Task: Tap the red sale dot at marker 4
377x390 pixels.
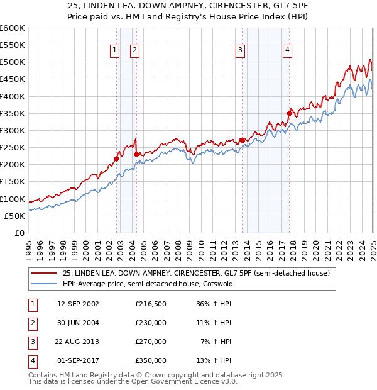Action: tap(289, 114)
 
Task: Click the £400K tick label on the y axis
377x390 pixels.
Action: tap(13, 96)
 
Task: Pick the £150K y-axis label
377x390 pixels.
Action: tap(13, 182)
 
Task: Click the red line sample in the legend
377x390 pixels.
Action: tap(43, 273)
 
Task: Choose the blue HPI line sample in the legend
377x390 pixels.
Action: tap(43, 284)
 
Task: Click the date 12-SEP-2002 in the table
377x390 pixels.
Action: tap(78, 304)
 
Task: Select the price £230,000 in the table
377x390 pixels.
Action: tap(151, 323)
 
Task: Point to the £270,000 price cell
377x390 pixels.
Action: tap(151, 342)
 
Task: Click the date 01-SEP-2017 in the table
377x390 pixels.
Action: tap(78, 360)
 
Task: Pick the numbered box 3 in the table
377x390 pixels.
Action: tap(32, 342)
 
